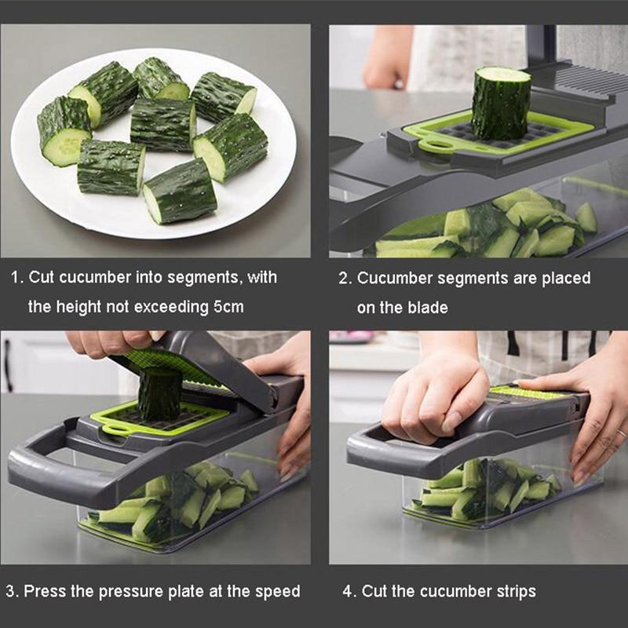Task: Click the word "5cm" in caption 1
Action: coord(228,307)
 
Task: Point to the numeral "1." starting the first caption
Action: coord(16,278)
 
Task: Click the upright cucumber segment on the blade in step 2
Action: coord(500,103)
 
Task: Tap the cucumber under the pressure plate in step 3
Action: coord(159,394)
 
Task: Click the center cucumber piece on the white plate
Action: coord(162,124)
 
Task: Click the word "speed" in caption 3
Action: coord(278,591)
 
